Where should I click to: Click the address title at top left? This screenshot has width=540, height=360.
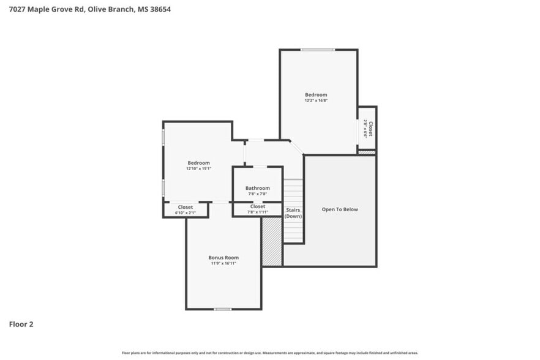[x=85, y=9]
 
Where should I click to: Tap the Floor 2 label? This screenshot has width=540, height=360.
[x=21, y=324]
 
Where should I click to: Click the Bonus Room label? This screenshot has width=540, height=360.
[x=223, y=258]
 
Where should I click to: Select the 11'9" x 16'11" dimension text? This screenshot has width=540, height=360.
[x=223, y=263]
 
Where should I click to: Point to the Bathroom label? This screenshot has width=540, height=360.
[x=257, y=188]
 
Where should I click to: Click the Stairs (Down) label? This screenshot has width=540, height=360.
[x=293, y=213]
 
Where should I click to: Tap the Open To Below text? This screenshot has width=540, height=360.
[x=340, y=209]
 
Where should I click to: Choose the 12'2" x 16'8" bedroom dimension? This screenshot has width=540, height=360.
[x=316, y=100]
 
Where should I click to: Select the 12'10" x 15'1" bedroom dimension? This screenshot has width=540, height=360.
[x=198, y=168]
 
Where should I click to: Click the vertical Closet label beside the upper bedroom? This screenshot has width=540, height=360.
[x=370, y=129]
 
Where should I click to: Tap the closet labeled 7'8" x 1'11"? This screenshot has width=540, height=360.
[x=258, y=210]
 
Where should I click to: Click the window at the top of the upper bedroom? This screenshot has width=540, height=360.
[x=317, y=50]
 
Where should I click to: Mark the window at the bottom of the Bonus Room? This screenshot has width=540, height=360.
[x=222, y=309]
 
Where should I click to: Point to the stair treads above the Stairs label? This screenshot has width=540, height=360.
[x=293, y=192]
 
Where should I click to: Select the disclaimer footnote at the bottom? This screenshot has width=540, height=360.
[x=269, y=353]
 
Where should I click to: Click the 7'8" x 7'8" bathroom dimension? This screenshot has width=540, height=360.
[x=257, y=194]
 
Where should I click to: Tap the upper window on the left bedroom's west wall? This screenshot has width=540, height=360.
[x=163, y=136]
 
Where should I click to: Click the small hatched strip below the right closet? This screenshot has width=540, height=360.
[x=366, y=152]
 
